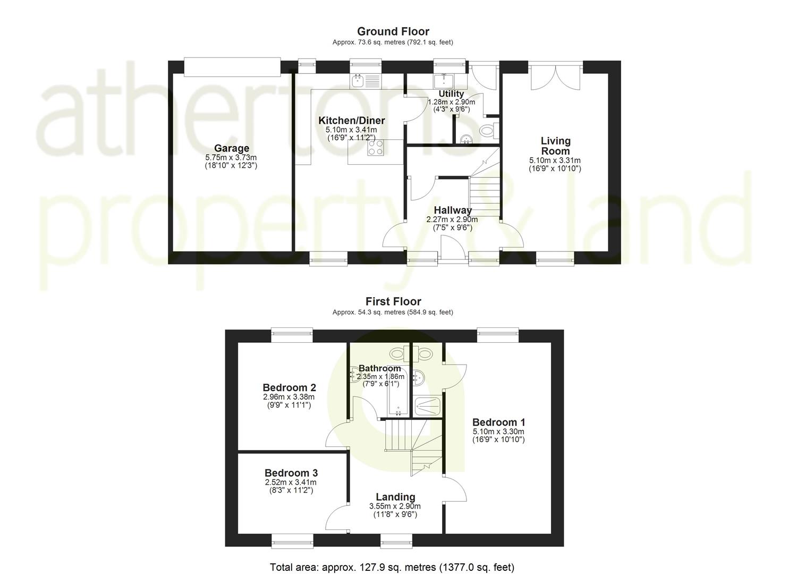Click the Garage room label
point(232,148)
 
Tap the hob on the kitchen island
point(376,148)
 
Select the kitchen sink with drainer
point(366,81)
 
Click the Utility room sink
point(444,81)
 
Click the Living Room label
point(555,146)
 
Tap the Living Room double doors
point(555,76)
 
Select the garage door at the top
point(232,67)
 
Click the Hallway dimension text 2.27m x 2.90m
point(452,220)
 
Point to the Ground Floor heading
point(393,31)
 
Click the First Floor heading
point(393,301)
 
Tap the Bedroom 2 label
point(289,387)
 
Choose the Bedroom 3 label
point(291,473)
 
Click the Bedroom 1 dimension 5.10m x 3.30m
point(498,432)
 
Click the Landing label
point(395,497)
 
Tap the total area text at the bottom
point(392,567)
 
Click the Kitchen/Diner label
point(352,121)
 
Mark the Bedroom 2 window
point(292,335)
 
